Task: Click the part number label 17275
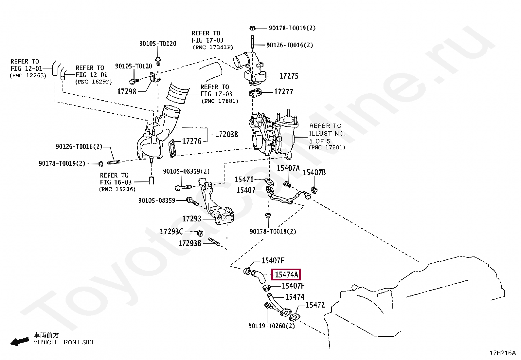[289, 76]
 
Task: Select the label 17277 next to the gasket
[283, 92]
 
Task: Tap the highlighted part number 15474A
[286, 275]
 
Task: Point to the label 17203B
[226, 134]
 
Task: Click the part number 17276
[191, 142]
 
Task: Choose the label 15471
[244, 180]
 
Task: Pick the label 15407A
[288, 168]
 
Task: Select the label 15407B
[314, 173]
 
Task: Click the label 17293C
[171, 232]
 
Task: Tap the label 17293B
[190, 243]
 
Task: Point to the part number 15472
[315, 305]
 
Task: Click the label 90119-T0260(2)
[272, 326]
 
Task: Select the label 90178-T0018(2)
[273, 232]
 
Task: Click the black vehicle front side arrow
[19, 341]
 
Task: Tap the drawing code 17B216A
[503, 353]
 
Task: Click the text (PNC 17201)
[327, 148]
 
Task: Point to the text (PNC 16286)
[117, 189]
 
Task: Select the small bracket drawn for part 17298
[155, 78]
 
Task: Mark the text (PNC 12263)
[28, 75]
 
